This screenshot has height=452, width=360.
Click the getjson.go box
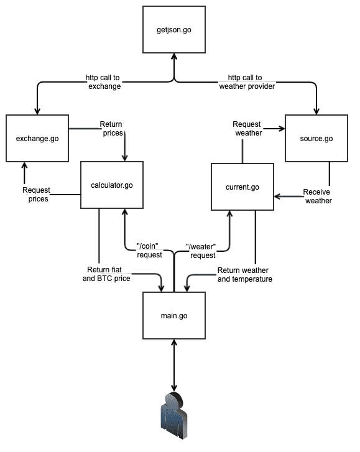point(173,30)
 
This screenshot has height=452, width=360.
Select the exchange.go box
point(37,138)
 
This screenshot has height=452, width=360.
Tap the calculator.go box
point(112,185)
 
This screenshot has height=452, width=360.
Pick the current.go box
point(242,187)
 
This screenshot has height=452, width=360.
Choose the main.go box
point(174,316)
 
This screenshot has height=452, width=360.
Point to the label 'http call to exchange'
point(103,82)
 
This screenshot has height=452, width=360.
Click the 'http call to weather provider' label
point(247,82)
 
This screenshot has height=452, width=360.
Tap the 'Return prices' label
point(111,129)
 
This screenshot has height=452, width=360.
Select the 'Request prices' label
point(35,194)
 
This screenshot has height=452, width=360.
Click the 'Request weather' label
point(247,129)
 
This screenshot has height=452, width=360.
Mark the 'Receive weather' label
point(317,196)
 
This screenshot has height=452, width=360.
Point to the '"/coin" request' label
point(149,251)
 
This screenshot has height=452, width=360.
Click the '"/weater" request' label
point(202,251)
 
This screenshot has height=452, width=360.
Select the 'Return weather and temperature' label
point(245,275)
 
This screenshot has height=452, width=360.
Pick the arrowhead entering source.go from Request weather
point(281,129)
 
